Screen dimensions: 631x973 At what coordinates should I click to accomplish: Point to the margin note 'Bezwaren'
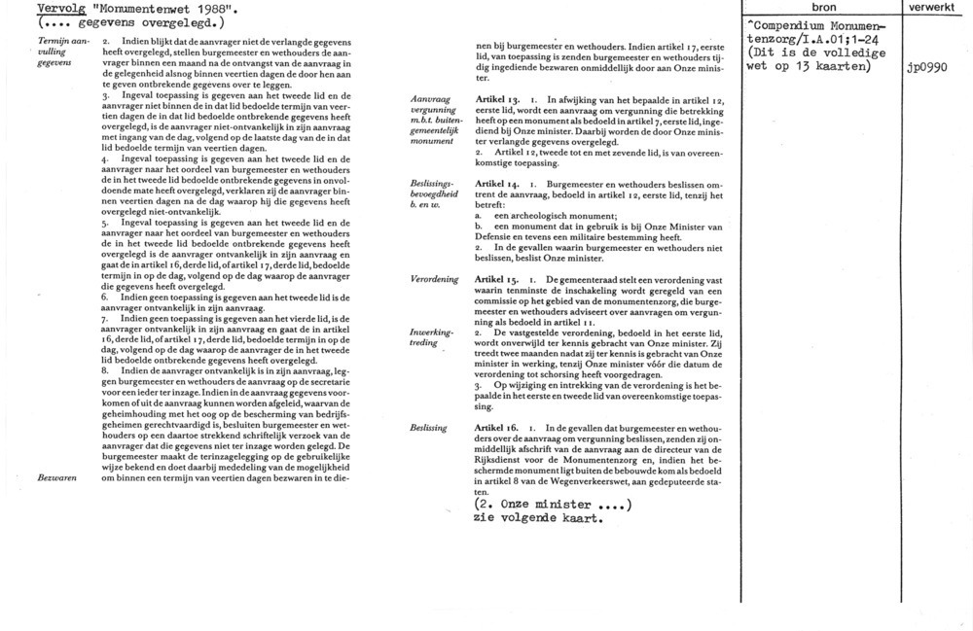[56, 478]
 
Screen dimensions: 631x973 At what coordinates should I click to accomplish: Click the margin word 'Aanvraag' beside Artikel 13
[432, 100]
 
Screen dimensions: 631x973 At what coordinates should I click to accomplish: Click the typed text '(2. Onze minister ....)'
[552, 504]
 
